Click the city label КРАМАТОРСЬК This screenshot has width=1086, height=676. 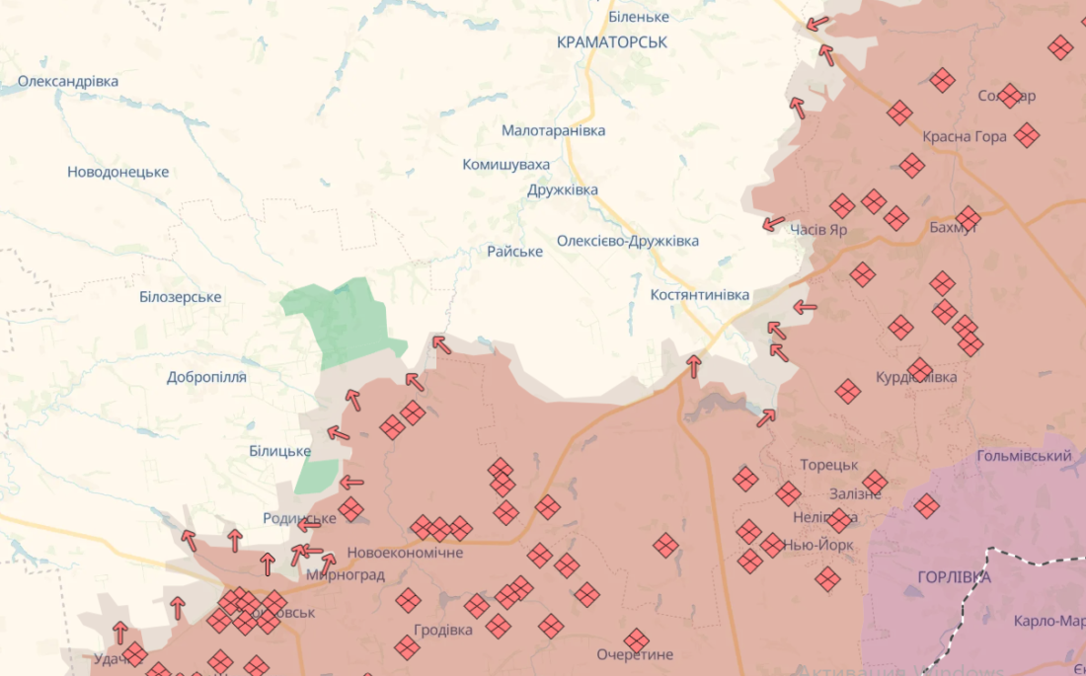pos(612,42)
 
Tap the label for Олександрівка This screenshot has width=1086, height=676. pos(68,81)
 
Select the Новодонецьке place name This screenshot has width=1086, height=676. pos(117,172)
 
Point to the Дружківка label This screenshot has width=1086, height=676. pos(563,189)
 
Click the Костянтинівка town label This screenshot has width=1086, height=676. pos(700,295)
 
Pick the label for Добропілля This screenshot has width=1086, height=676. pos(206,377)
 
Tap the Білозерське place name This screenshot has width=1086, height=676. pos(180,297)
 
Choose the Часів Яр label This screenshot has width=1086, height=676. pos(818,230)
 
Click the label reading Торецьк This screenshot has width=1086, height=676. pos(829,465)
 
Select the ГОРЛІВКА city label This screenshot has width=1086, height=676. pos(954,577)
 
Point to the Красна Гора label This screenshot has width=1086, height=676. pos(965,136)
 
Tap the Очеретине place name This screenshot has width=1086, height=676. pos(635,654)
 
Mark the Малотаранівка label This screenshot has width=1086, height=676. pos(553,130)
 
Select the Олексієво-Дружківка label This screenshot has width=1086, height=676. pos(628,241)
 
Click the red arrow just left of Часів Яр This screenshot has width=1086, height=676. pos(774,224)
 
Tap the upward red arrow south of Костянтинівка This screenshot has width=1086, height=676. pos(694,366)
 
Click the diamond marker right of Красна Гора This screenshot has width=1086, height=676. pos(1027,135)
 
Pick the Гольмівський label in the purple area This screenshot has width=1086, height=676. pos(1024,456)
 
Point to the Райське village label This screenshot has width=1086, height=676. pos(514,252)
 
